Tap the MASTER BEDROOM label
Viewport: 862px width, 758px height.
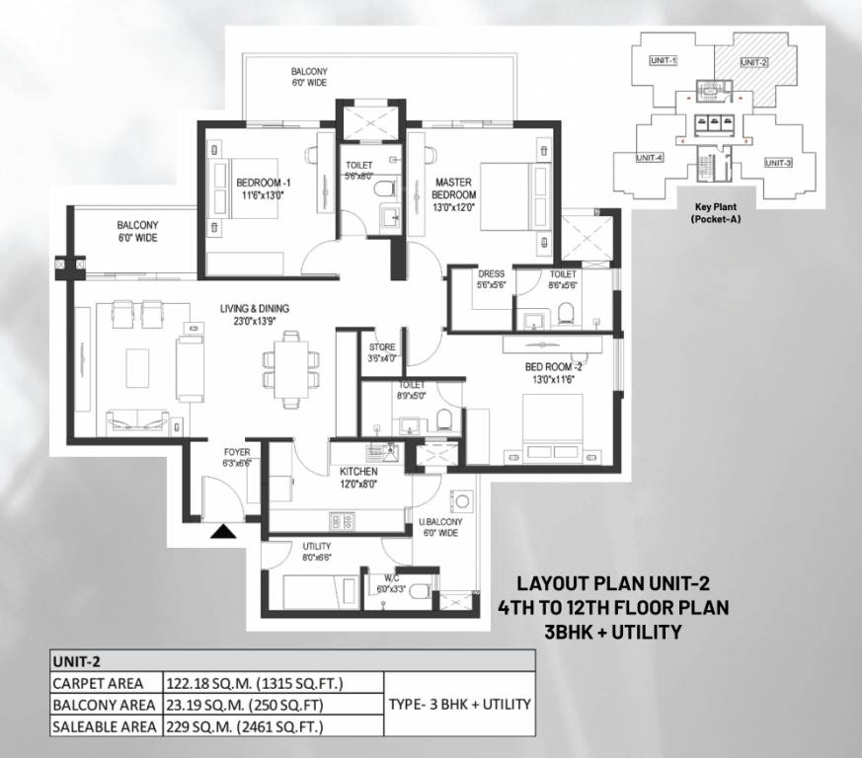click(454, 188)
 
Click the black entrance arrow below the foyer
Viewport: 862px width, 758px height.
click(224, 532)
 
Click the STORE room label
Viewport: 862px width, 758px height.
click(382, 353)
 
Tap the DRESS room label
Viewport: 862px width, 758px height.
click(491, 279)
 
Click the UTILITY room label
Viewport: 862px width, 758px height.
click(316, 551)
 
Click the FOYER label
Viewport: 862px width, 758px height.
click(237, 457)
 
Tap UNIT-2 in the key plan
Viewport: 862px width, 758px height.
click(753, 62)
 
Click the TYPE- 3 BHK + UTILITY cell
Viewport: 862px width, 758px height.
click(459, 705)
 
